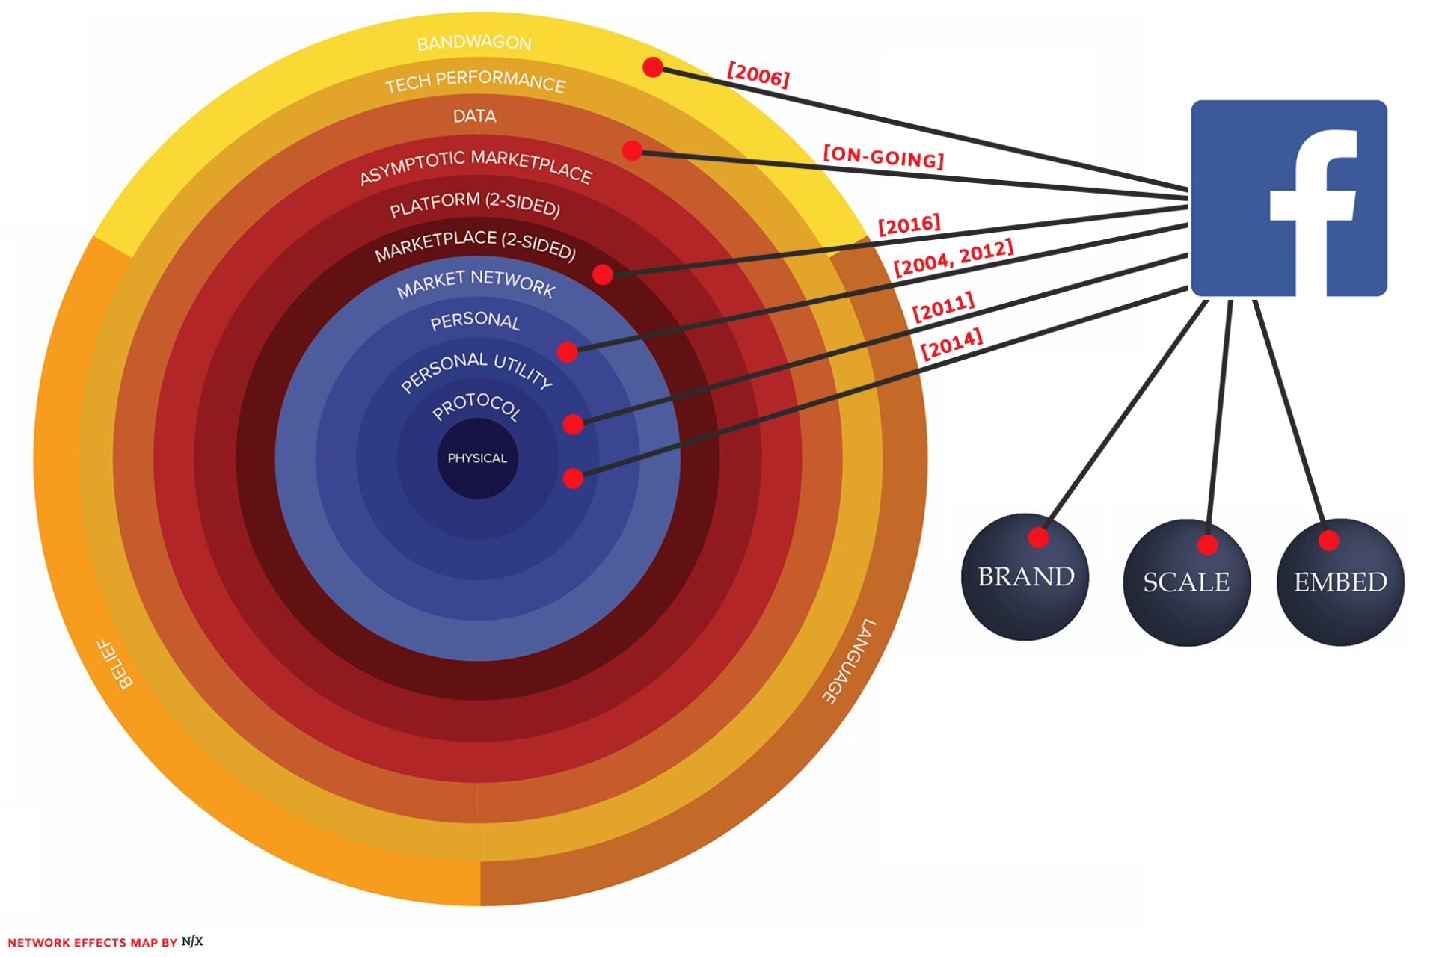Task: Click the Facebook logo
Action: pyautogui.click(x=1289, y=198)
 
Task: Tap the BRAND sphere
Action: pyautogui.click(x=1025, y=576)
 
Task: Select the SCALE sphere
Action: pyautogui.click(x=1186, y=582)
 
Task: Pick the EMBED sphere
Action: pyautogui.click(x=1340, y=582)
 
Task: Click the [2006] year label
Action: pyautogui.click(x=758, y=75)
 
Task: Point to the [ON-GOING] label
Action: pyautogui.click(x=883, y=156)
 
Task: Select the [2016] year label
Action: pyautogui.click(x=909, y=224)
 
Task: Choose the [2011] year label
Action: pyautogui.click(x=943, y=307)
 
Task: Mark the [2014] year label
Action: pyautogui.click(x=951, y=344)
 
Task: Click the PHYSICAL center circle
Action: pyautogui.click(x=477, y=458)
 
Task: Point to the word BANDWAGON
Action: pyautogui.click(x=474, y=43)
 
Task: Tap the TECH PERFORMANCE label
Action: pyautogui.click(x=475, y=81)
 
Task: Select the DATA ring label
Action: pyautogui.click(x=474, y=116)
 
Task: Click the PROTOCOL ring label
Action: pyautogui.click(x=476, y=406)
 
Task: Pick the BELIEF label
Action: pyautogui.click(x=116, y=663)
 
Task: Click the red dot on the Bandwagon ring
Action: pyautogui.click(x=653, y=67)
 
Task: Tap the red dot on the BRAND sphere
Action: pyautogui.click(x=1038, y=537)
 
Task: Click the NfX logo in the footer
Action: pyautogui.click(x=192, y=941)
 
